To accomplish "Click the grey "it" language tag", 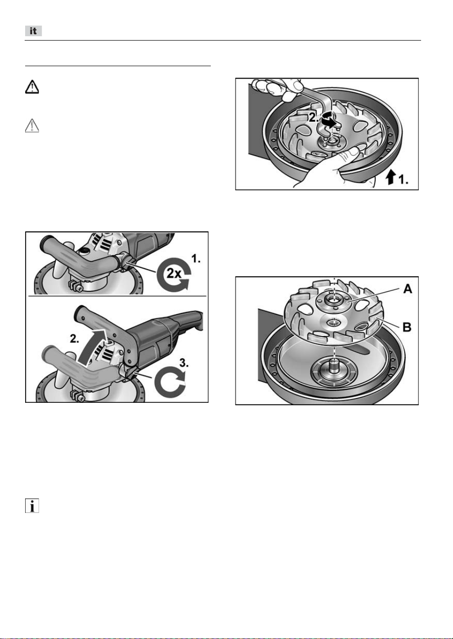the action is click(x=33, y=31).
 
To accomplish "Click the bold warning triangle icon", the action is click(x=32, y=87).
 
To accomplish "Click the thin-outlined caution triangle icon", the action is click(x=32, y=126).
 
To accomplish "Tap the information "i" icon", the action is click(x=32, y=506).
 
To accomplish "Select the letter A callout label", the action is click(x=408, y=289).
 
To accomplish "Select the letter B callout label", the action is click(x=407, y=327).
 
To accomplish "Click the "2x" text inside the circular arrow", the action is click(x=174, y=273).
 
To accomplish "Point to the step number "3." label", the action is click(x=184, y=363).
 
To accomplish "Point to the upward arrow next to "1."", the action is click(x=391, y=177).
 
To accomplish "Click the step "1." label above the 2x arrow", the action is click(x=196, y=258).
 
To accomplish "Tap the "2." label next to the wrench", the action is click(x=314, y=117).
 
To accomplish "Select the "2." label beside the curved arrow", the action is click(x=74, y=339).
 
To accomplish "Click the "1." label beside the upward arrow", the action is click(x=403, y=180).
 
